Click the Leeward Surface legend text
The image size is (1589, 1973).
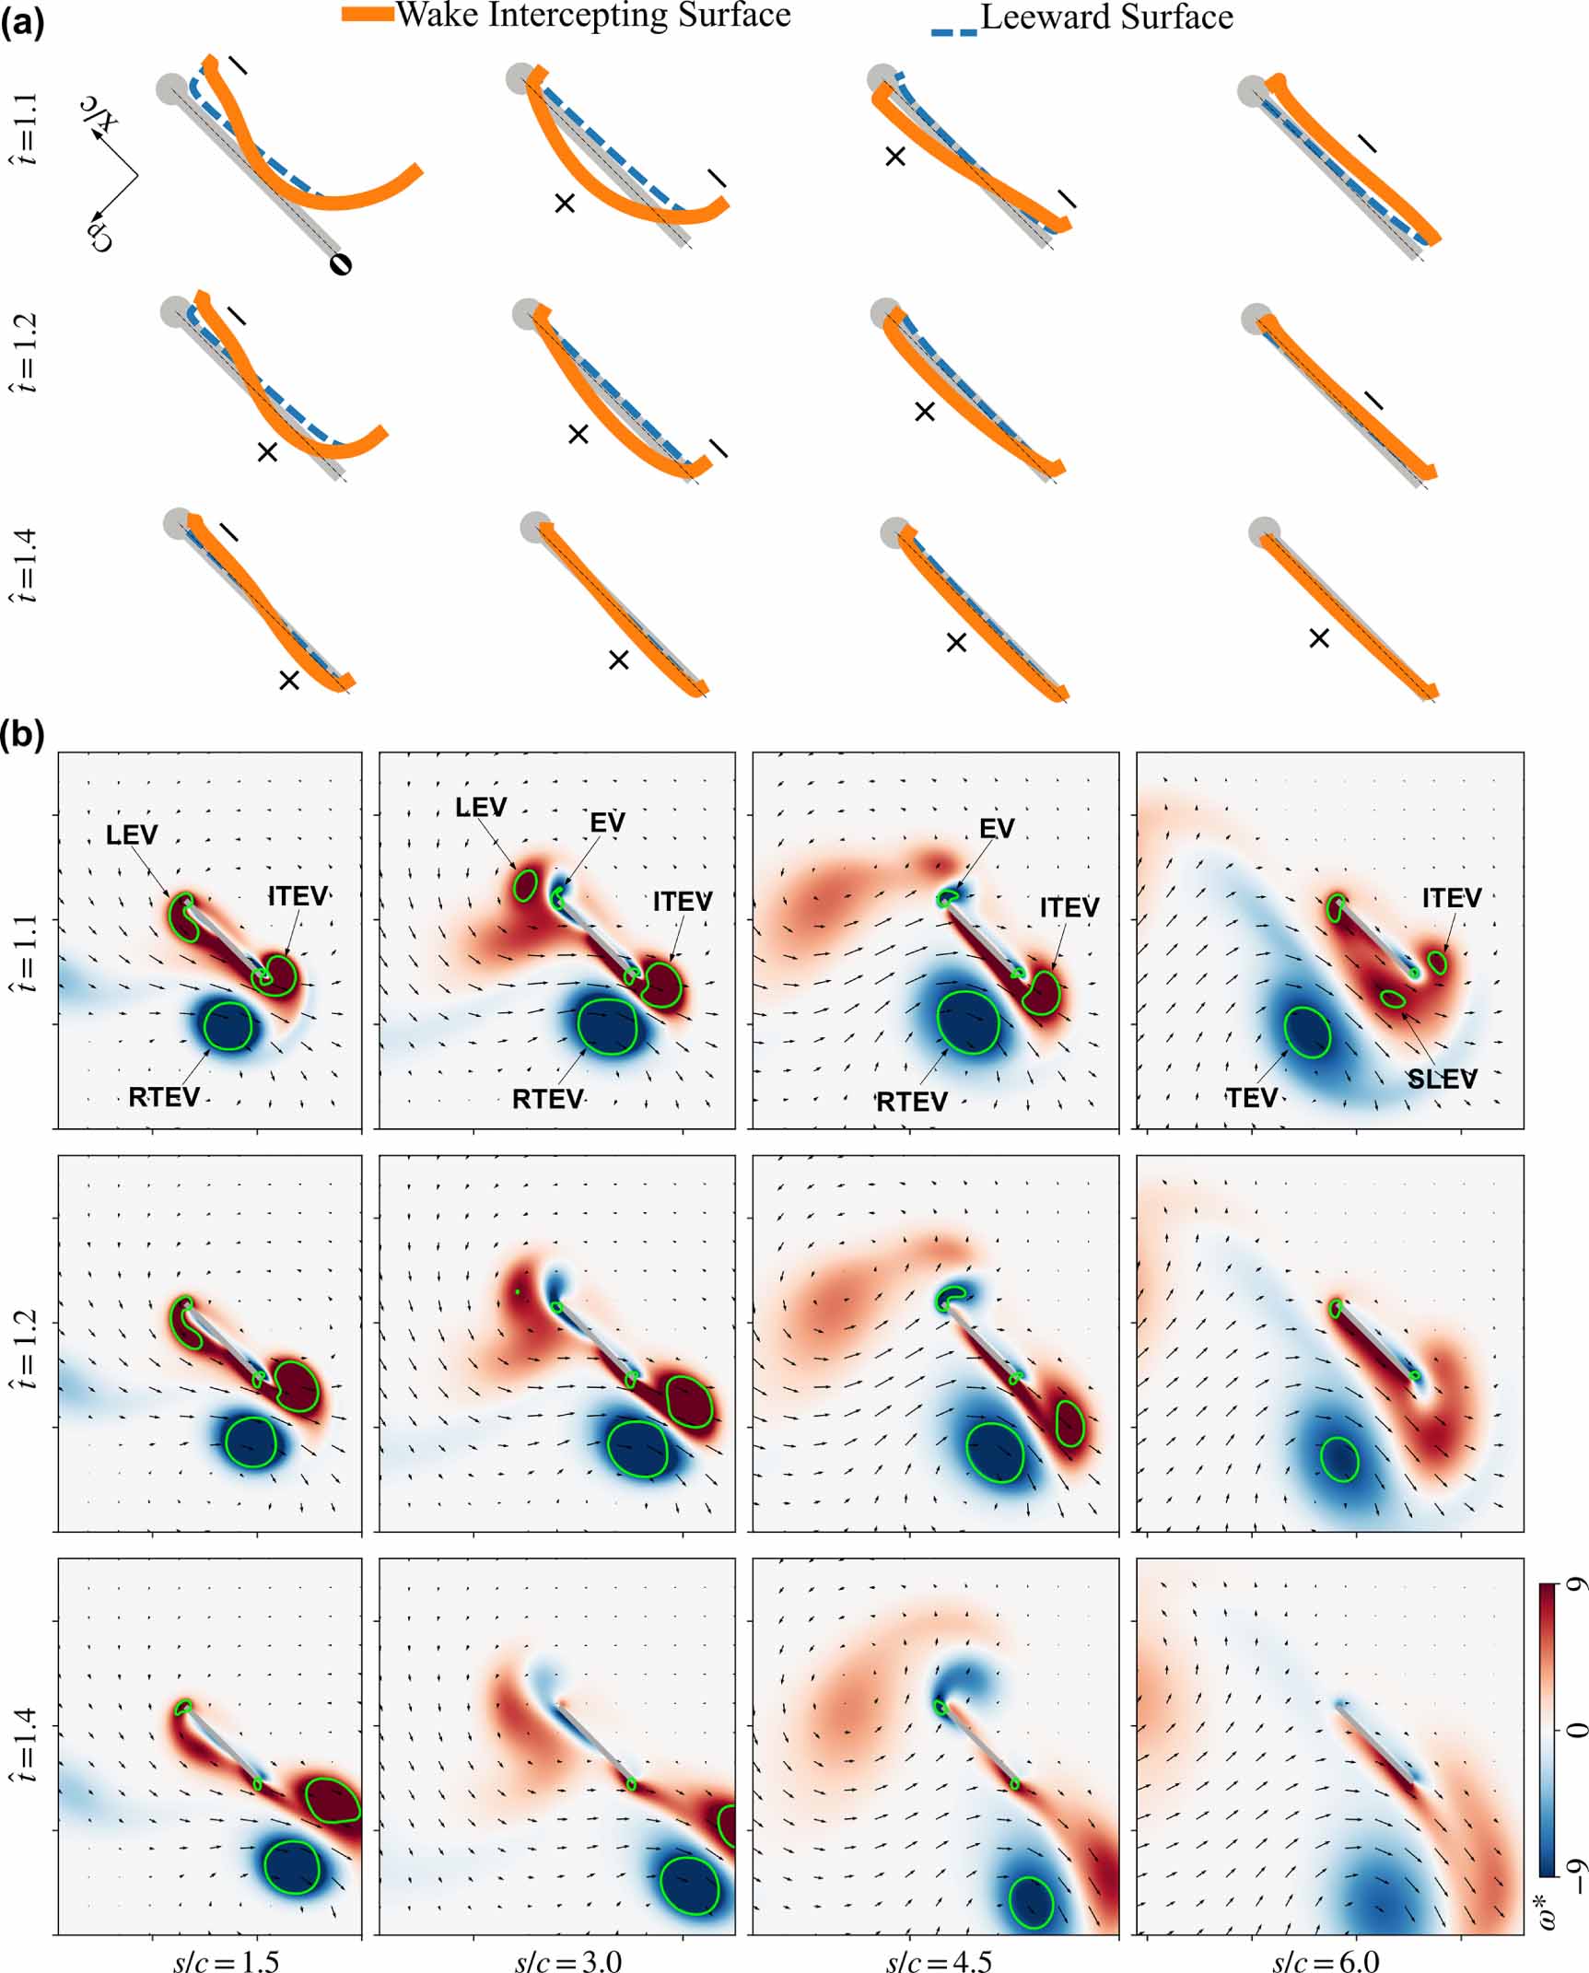[1106, 18]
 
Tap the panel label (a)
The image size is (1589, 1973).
[22, 21]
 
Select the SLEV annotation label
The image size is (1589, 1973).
[1442, 1079]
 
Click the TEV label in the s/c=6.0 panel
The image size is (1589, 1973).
[1251, 1098]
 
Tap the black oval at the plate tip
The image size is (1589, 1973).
[341, 264]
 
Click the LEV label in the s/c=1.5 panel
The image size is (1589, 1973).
[132, 835]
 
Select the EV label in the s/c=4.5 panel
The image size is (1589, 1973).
[997, 828]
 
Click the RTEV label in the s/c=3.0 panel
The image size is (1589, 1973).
[547, 1099]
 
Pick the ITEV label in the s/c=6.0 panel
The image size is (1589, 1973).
[1451, 897]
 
